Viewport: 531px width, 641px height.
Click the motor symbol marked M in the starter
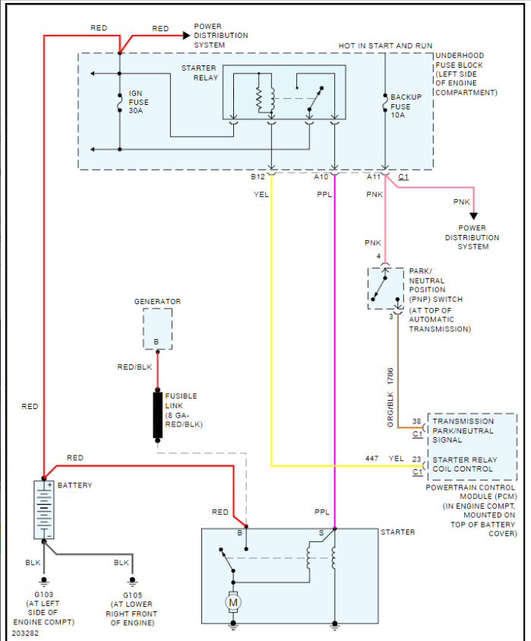[x=232, y=602]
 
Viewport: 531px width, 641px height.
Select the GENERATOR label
[x=157, y=302]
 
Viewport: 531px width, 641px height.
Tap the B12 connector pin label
[x=258, y=176]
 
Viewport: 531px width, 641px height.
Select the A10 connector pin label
[x=321, y=176]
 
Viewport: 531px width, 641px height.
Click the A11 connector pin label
[x=373, y=176]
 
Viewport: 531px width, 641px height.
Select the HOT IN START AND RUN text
[x=385, y=46]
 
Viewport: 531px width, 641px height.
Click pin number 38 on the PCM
[x=416, y=421]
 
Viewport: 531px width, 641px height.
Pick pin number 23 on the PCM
[x=416, y=459]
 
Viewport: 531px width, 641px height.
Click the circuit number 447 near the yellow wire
[x=371, y=459]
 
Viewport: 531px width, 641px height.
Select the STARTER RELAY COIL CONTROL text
[x=464, y=465]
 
